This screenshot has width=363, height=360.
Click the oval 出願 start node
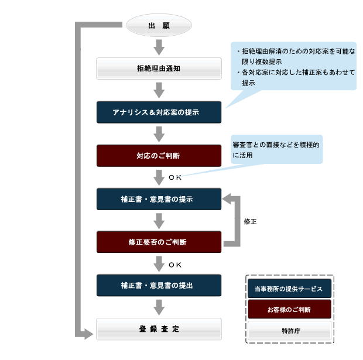159,25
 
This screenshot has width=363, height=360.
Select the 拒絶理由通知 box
159,68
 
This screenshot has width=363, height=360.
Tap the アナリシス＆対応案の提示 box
159,112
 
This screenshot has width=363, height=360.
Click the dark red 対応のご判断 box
159,156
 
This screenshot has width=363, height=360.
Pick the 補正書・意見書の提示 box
159,199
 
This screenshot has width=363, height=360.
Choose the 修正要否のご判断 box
159,242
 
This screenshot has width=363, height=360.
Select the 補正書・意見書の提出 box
159,285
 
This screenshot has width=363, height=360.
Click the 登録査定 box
159,329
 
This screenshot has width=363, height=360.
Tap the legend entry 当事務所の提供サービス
289,289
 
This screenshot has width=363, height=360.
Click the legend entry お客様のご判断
289,309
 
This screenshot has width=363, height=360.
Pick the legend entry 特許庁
289,330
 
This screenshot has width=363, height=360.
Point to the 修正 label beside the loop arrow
250,221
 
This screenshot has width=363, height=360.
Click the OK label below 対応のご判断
175,177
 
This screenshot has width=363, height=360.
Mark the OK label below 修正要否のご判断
175,265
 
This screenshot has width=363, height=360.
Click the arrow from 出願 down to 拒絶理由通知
159,47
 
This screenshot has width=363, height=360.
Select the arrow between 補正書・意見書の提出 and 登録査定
159,307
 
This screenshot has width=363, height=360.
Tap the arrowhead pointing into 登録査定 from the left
88,334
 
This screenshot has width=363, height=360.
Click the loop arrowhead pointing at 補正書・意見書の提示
227,199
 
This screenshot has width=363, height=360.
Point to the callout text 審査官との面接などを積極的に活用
276,150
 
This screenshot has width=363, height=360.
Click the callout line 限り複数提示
262,62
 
